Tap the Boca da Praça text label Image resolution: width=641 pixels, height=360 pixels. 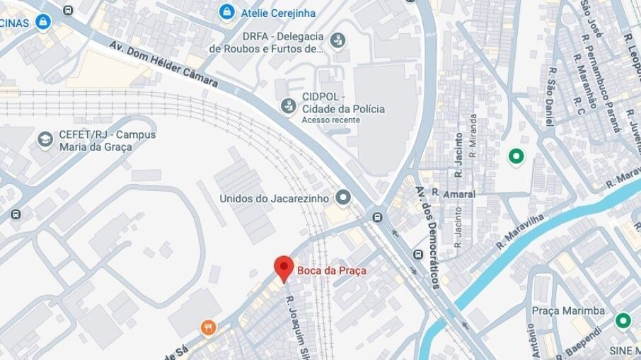(327, 269)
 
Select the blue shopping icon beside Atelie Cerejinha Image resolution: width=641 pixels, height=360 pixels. (226, 12)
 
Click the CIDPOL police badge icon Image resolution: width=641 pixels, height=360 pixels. (288, 106)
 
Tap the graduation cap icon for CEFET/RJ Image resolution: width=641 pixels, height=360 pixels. (45, 139)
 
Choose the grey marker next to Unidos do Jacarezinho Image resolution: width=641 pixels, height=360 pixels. (344, 197)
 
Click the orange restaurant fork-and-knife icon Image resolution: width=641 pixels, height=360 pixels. (207, 327)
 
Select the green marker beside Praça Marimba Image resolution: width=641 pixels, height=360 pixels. (623, 320)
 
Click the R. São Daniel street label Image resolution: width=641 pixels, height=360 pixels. (550, 103)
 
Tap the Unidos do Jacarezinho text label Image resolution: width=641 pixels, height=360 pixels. (274, 199)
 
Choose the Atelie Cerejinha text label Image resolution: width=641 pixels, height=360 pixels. (278, 13)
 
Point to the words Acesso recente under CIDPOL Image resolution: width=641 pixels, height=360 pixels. (330, 120)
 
